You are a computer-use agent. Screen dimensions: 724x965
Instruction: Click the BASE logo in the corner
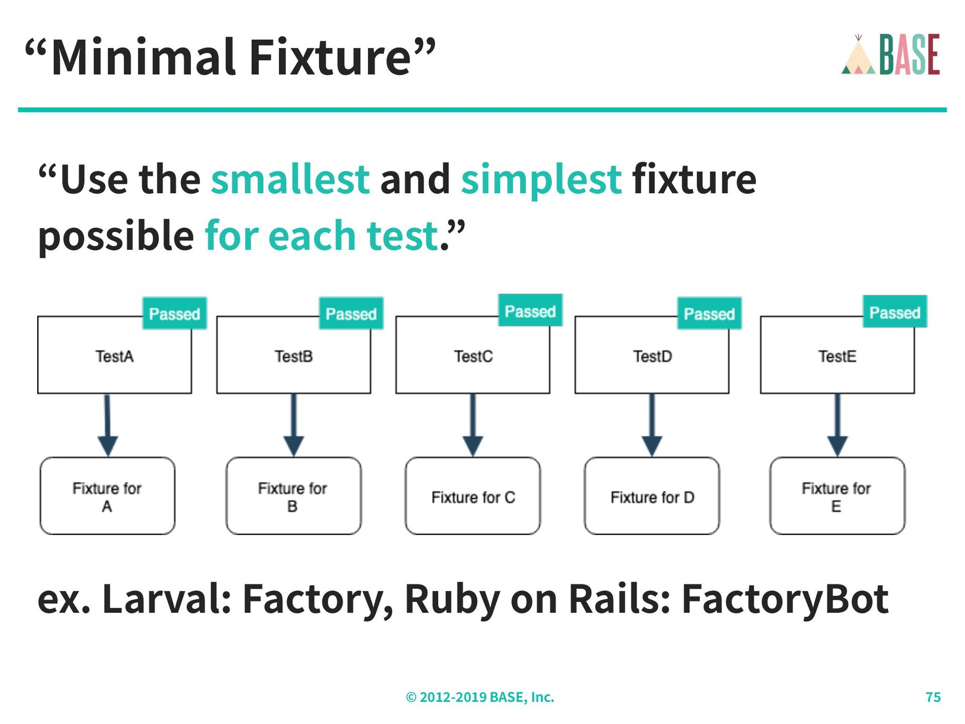point(890,55)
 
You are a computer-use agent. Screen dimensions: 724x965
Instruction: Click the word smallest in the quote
point(290,179)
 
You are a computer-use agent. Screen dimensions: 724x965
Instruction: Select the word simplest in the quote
point(541,179)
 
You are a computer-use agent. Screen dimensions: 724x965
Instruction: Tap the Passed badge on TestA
point(174,314)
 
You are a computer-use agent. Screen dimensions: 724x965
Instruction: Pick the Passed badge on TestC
point(530,311)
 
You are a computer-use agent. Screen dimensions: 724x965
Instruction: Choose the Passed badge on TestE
point(895,312)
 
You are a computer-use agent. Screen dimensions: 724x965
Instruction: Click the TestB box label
point(294,356)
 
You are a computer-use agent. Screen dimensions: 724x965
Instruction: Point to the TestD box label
point(652,356)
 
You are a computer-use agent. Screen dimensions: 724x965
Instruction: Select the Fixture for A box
point(108,496)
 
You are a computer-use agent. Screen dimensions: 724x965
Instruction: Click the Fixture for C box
point(473,496)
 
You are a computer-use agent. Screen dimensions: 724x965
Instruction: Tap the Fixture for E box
point(837,496)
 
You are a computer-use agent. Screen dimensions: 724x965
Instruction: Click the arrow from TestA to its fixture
point(108,425)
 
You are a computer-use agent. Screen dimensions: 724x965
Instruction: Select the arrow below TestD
point(652,425)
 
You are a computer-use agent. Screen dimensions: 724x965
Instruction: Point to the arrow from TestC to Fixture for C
point(473,425)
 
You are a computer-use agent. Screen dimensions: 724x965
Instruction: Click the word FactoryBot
point(785,599)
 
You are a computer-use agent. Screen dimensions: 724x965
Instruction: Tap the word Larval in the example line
point(166,599)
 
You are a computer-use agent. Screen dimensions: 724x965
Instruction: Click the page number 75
point(933,697)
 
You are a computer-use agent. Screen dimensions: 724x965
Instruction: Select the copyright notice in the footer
point(480,697)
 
